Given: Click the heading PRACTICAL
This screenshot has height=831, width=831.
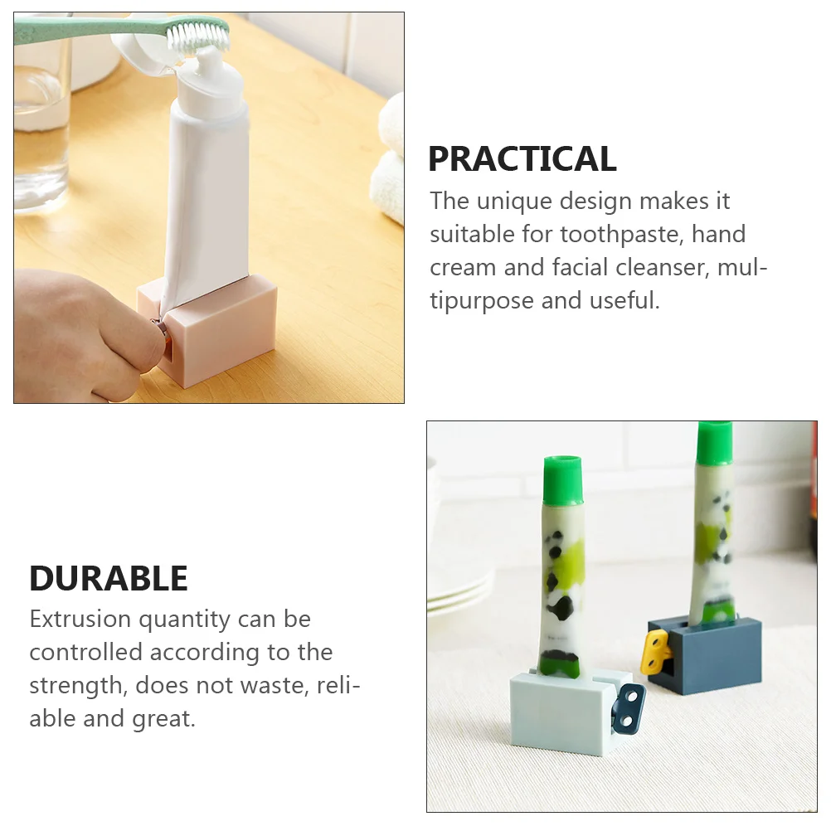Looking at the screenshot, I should (x=522, y=159).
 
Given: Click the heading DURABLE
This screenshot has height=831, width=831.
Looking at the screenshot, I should (x=109, y=578).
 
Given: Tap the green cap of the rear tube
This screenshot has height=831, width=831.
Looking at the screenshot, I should (x=714, y=440).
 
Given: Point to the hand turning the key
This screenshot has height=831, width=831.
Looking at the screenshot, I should (x=83, y=332).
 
